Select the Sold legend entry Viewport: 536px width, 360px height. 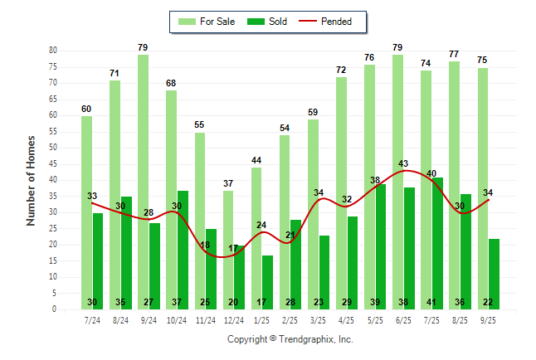pyautogui.click(x=267, y=22)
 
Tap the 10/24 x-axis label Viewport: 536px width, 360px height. pyautogui.click(x=177, y=319)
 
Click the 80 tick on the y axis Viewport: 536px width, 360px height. pyautogui.click(x=52, y=51)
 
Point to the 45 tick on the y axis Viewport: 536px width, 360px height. pyautogui.click(x=52, y=163)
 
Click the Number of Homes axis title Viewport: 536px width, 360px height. pyautogui.click(x=31, y=180)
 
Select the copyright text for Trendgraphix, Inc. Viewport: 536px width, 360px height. pyautogui.click(x=290, y=339)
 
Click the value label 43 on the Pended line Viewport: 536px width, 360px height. pyautogui.click(x=404, y=163)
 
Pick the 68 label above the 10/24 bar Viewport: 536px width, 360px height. pyautogui.click(x=171, y=83)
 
